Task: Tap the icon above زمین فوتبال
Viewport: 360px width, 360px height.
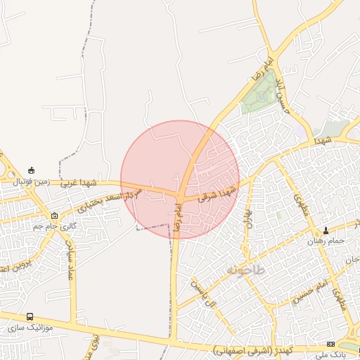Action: (31, 170)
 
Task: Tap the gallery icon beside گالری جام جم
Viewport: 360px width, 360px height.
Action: (55, 215)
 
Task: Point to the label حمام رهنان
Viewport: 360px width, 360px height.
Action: (326, 240)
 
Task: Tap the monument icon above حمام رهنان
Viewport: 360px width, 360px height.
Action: (326, 231)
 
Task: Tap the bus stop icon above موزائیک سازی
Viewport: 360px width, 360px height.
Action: (30, 317)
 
